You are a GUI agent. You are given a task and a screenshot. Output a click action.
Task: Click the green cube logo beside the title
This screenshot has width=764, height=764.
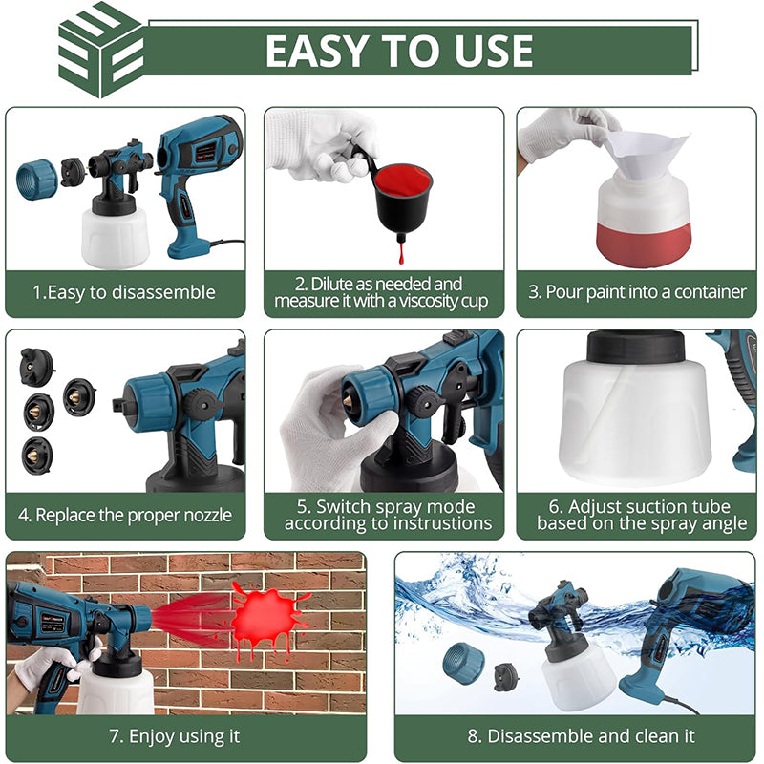[x=101, y=50]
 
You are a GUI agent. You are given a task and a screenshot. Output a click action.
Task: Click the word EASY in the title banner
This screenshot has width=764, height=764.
[x=317, y=51]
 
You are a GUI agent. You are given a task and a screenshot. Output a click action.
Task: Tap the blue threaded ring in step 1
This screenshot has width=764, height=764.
[x=36, y=179]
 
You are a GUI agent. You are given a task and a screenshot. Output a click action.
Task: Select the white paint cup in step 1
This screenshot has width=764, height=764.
[x=115, y=238]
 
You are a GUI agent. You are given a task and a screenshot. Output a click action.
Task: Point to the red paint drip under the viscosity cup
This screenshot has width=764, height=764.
[x=401, y=253]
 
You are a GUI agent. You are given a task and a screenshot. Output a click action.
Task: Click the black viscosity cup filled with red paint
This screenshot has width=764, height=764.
[x=402, y=201]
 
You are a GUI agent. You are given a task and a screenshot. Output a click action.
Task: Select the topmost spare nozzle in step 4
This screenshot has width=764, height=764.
[x=36, y=366]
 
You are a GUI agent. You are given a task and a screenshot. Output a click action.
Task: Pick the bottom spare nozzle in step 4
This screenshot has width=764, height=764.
[x=37, y=456]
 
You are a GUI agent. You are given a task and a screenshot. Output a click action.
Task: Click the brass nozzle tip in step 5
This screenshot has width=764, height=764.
[x=349, y=401]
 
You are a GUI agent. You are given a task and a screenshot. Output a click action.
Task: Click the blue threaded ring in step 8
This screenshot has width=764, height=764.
[x=464, y=664]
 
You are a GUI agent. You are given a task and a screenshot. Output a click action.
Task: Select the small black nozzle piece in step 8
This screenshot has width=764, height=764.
[x=506, y=677]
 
